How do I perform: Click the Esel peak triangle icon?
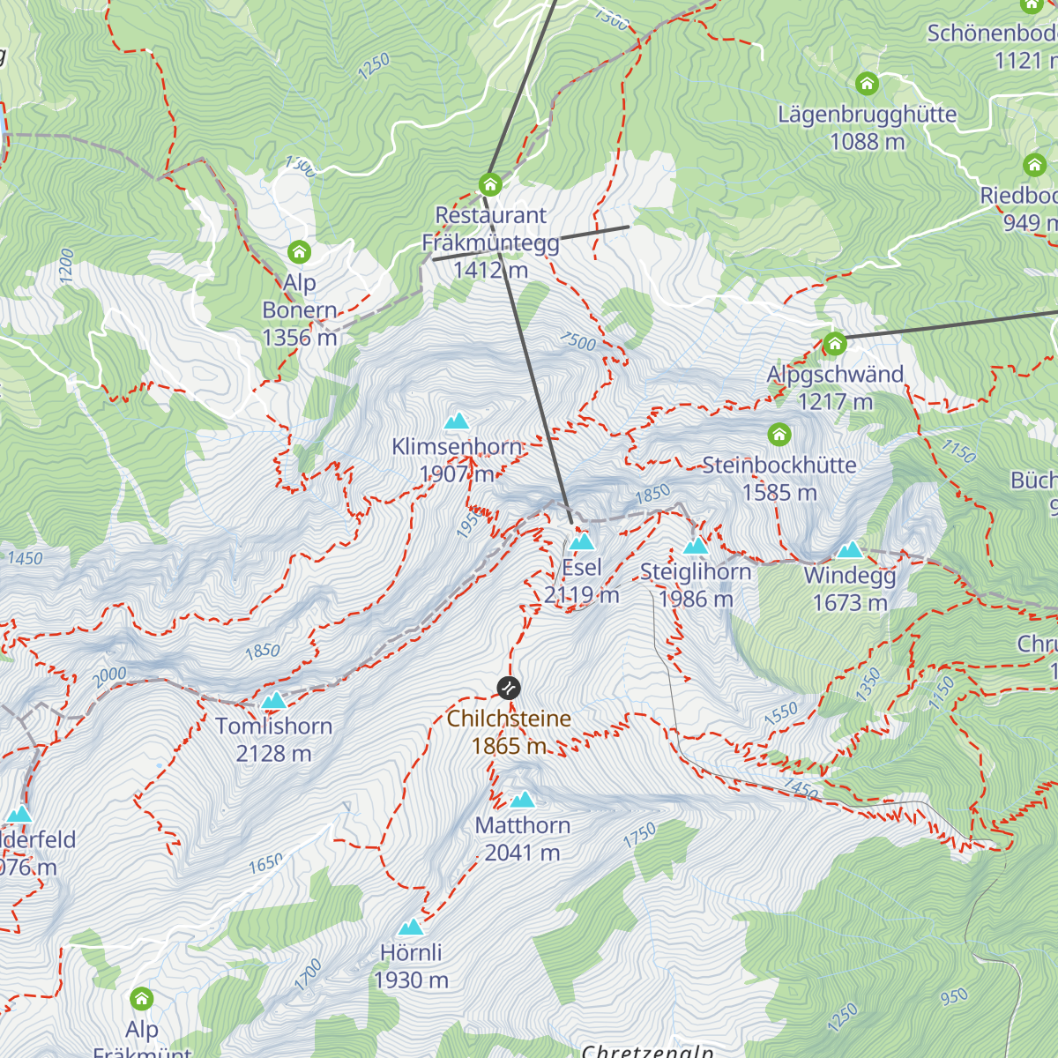pos(582,541)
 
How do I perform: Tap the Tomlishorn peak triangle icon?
pos(274,701)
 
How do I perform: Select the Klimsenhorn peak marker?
pos(457,421)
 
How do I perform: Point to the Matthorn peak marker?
pos(523,800)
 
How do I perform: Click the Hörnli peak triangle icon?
pos(411,927)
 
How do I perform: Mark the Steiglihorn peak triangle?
pos(696,546)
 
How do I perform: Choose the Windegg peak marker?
pos(849,550)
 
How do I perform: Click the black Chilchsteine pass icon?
pos(509,687)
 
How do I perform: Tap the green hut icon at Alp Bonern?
pos(300,252)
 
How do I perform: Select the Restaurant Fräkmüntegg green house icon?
pos(490,184)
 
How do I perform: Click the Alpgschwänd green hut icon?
pos(834,344)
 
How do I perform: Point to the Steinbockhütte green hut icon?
pos(779,434)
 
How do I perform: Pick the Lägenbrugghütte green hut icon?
pos(868,84)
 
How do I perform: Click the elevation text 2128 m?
pos(273,754)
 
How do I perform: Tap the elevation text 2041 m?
pos(522,853)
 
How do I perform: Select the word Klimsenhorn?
pos(457,447)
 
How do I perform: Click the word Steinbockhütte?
pos(779,466)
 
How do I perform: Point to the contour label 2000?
pos(110,677)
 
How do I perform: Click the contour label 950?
pos(954,997)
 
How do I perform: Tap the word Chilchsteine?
pos(509,719)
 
